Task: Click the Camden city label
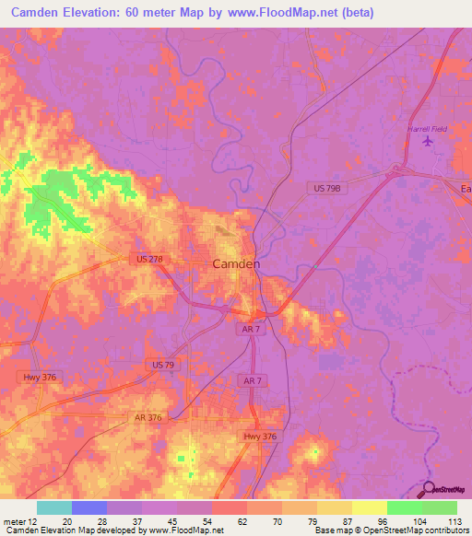pyautogui.click(x=236, y=263)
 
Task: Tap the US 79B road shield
pyautogui.click(x=326, y=188)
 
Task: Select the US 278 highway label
pyautogui.click(x=147, y=260)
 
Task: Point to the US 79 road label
pyautogui.click(x=163, y=366)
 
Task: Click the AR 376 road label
pyautogui.click(x=147, y=417)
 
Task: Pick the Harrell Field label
pyautogui.click(x=427, y=129)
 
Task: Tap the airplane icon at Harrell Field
pyautogui.click(x=426, y=142)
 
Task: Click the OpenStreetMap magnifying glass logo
pyautogui.click(x=428, y=488)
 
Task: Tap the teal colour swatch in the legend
pyautogui.click(x=54, y=507)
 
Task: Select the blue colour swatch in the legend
pyautogui.click(x=89, y=507)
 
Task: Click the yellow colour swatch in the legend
pyautogui.click(x=369, y=507)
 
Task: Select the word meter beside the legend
pyautogui.click(x=15, y=520)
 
